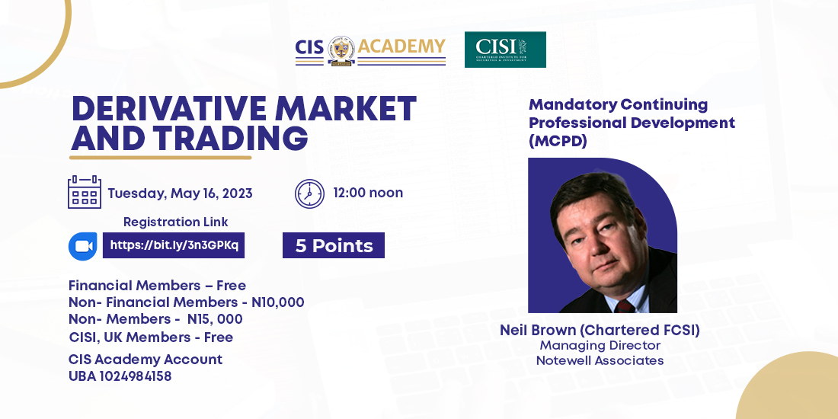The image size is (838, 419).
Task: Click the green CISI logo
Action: pos(505,50)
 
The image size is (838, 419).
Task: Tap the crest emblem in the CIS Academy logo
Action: pos(341,51)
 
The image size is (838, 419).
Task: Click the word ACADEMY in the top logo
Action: pos(401,46)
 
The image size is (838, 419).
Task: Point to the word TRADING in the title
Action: pos(232,138)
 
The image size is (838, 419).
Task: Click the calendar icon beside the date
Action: pos(85,192)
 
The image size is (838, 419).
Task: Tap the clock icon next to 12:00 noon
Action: pos(309,194)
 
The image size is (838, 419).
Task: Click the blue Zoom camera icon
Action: pos(83,246)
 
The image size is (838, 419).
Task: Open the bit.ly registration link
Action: pos(174,245)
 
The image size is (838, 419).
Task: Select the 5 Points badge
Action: pos(334,245)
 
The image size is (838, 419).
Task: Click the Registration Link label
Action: pos(176,222)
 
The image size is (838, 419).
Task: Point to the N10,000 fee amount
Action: pos(278,302)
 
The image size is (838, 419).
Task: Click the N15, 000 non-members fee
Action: pos(215,319)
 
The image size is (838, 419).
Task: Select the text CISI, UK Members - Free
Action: pos(152,337)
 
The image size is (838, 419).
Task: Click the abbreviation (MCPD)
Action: pos(558,142)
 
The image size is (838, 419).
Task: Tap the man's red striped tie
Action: pos(624,305)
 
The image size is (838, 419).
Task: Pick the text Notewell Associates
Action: pos(600,360)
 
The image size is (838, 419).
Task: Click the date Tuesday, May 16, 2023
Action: pos(180,193)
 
